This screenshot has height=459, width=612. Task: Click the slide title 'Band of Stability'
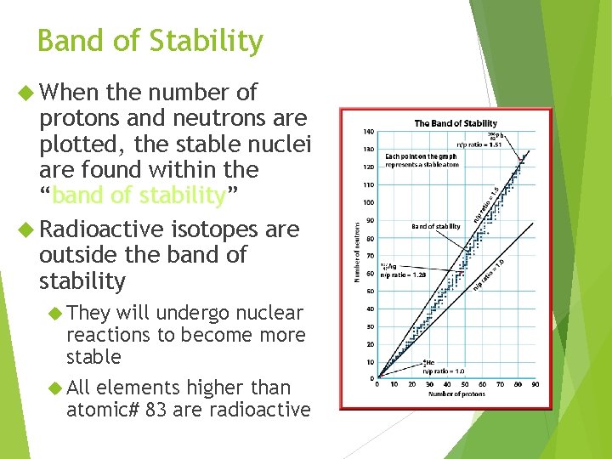pos(150,41)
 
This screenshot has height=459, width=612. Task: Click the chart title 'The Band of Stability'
pos(456,123)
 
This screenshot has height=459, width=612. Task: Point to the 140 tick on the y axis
pos(368,132)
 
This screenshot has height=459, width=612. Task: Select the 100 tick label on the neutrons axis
pos(368,202)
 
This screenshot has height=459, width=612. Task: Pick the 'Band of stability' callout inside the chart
pos(435,227)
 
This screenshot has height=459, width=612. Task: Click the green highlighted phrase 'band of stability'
pos(139,195)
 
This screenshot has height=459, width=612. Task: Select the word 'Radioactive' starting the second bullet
pos(103,229)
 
